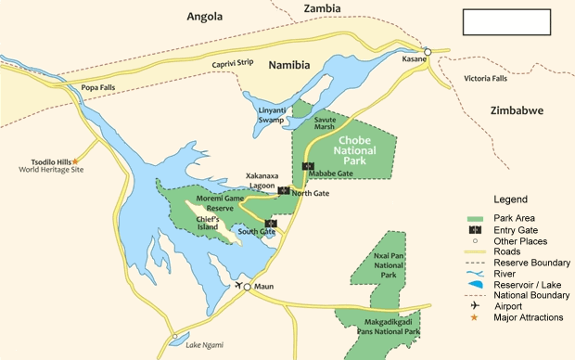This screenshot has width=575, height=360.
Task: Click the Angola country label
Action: coord(206,16)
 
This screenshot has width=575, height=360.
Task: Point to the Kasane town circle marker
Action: coord(428,52)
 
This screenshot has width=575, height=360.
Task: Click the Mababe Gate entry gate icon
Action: coord(309,166)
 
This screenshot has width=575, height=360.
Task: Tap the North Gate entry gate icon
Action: coord(284,190)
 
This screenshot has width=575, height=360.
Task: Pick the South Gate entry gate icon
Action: coord(270,223)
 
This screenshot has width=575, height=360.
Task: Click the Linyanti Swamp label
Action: coord(272,116)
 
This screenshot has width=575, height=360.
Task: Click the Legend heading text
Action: coord(510,199)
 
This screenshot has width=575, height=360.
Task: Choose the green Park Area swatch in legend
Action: coord(476,217)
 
